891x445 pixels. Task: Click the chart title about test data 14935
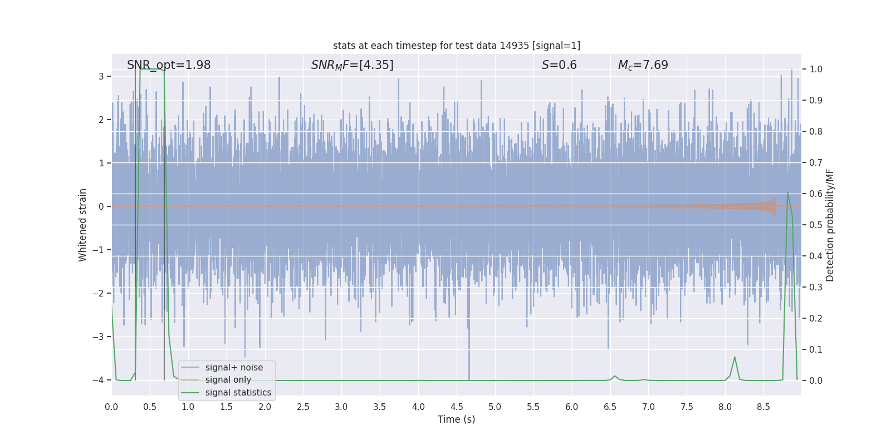(456, 46)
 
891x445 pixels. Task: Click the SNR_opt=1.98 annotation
(169, 65)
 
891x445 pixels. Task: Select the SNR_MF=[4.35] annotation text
(352, 65)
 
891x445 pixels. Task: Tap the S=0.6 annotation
(559, 65)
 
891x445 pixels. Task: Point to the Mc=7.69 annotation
(643, 65)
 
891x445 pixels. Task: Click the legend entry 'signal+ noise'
(234, 368)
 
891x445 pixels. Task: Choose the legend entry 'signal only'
(228, 380)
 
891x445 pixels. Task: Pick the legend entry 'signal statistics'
(238, 393)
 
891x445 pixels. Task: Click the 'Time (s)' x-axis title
(456, 419)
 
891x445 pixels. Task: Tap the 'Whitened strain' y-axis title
(83, 225)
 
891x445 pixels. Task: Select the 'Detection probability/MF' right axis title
(830, 225)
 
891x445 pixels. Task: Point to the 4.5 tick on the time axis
(457, 407)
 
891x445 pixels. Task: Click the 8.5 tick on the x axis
(763, 407)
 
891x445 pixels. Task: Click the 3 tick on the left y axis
(101, 76)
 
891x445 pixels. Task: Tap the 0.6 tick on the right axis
(816, 194)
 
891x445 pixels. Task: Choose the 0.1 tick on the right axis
(816, 349)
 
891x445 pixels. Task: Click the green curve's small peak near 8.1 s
(735, 357)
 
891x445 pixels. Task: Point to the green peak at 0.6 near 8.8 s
(787, 192)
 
